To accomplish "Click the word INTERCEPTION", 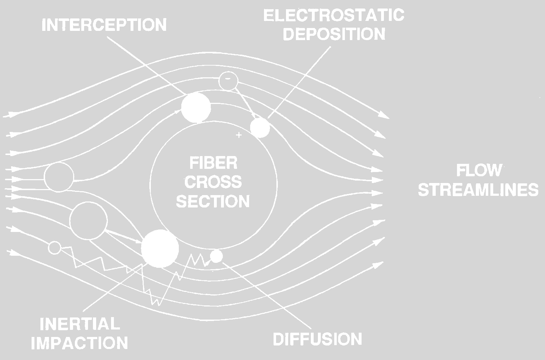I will tap(104, 25).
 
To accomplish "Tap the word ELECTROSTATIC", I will tap(334, 16).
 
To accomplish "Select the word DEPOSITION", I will tap(334, 34).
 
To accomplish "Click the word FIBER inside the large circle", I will tap(213, 164).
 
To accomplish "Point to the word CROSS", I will tap(213, 182).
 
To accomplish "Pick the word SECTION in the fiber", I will tap(213, 201).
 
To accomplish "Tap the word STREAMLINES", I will tap(478, 190).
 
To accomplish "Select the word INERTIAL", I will tap(79, 324).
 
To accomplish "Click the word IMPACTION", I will tap(79, 343).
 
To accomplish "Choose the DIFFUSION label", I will tap(317, 339).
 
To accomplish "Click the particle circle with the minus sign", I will tap(227, 81).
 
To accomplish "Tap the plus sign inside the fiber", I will tap(239, 135).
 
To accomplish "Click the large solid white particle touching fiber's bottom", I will tap(160, 248).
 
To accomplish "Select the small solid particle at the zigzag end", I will tap(216, 256).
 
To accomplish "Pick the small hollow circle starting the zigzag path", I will tap(55, 247).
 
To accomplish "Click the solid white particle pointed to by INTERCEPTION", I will tap(196, 107).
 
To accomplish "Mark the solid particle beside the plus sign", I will tap(260, 128).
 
